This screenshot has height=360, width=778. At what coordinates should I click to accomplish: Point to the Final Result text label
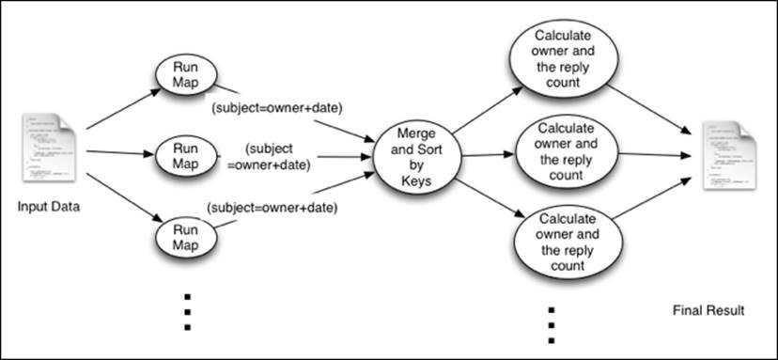pos(708,310)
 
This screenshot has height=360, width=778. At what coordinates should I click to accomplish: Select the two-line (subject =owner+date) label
pos(280,158)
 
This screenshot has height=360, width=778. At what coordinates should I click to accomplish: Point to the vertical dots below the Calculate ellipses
pos(552,323)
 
